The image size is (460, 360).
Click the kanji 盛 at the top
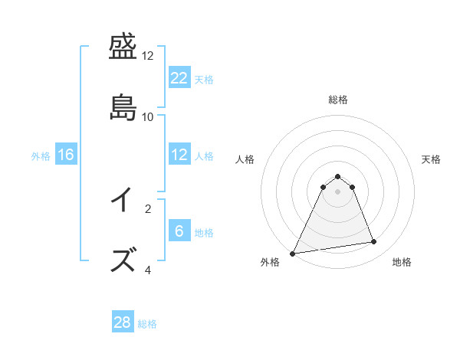click(124, 48)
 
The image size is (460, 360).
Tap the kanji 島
click(124, 106)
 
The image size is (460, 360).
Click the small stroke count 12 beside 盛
click(148, 56)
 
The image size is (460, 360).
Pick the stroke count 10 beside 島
click(148, 116)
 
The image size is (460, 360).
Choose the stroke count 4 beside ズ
click(148, 269)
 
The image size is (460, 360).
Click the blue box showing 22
click(179, 78)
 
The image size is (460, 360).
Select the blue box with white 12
click(179, 155)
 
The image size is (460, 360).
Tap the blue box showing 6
click(179, 231)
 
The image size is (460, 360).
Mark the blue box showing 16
click(66, 155)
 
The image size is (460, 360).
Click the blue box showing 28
click(123, 322)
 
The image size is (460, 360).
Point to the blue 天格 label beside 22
click(204, 79)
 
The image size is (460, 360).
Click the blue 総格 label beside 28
click(147, 324)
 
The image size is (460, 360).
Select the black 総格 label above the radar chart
click(337, 100)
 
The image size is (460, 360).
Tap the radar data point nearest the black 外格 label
click(293, 253)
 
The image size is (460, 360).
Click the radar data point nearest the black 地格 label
click(374, 242)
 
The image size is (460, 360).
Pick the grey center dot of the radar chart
click(337, 191)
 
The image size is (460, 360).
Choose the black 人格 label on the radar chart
click(245, 159)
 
